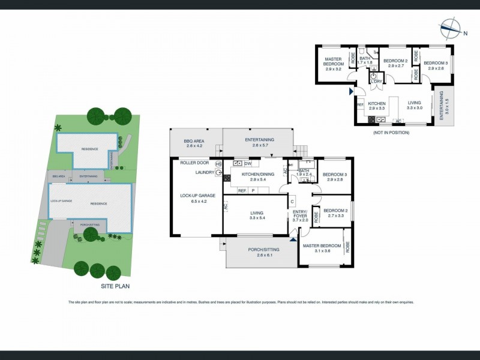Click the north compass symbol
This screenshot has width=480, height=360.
(449, 26)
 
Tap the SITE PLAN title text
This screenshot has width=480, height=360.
(115, 286)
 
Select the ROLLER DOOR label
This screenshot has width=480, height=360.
(194, 163)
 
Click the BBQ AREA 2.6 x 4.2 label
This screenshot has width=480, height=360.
(194, 143)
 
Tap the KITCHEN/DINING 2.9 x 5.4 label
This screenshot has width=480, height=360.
(257, 176)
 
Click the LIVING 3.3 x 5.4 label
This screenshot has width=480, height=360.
(257, 215)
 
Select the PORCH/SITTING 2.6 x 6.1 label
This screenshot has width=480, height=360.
(261, 253)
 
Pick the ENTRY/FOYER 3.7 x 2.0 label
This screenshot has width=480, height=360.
(300, 217)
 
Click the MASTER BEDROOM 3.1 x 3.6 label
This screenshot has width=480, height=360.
(322, 248)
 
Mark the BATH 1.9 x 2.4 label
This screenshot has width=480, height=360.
(304, 173)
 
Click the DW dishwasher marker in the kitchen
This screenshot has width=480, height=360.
(247, 163)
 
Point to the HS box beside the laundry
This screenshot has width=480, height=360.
(218, 164)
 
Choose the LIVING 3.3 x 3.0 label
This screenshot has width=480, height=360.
(415, 106)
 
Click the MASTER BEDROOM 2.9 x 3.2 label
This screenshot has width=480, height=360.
(333, 64)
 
